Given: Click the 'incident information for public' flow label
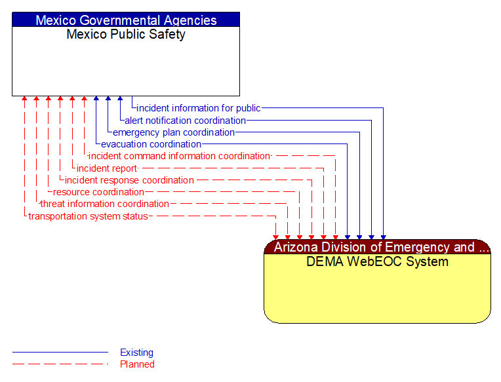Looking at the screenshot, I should coord(198,108).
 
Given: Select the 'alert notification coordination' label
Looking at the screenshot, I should coord(185,121).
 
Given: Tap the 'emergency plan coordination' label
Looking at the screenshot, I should coord(173,132).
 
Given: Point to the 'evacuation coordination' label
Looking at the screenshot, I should coord(151,144).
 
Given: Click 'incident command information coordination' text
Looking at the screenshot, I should coord(179,156).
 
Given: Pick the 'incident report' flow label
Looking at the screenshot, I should coord(106,168).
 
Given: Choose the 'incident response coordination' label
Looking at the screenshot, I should coord(129,180).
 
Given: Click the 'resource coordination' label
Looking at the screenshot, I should coord(98,192).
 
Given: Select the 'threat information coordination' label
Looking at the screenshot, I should coord(105,204).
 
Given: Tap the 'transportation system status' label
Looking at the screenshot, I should coord(88,216).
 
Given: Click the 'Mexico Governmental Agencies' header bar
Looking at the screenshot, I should coord(126,20).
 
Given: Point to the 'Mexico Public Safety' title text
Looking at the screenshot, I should coord(126,35).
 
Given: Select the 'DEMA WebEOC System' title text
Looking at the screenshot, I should coord(377,262).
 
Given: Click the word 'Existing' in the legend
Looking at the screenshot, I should coord(136,353).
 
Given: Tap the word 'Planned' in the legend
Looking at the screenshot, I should coord(137,364).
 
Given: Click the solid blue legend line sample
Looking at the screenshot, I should coord(60,353).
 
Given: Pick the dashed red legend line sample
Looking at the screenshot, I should coord(60,364).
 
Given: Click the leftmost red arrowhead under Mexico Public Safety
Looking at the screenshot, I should coord(24,100).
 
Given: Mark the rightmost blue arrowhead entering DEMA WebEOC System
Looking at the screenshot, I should coord(383,237).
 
